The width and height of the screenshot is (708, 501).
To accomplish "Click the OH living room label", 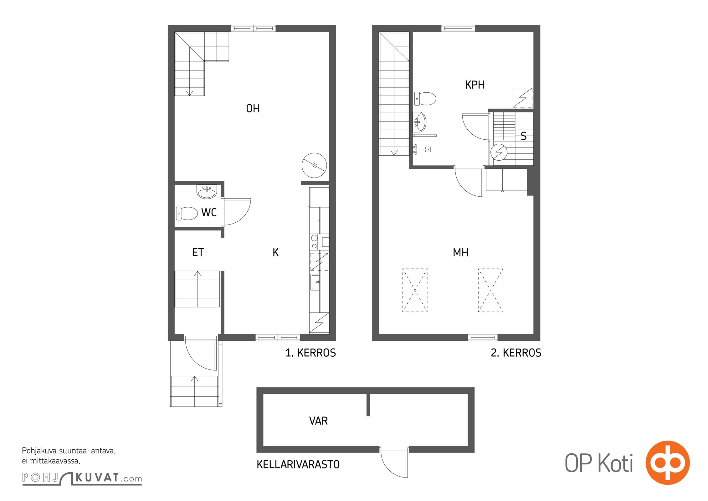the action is (253, 108).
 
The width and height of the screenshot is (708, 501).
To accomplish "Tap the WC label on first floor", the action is (209, 212).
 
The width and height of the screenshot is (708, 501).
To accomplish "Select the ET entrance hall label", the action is (198, 252).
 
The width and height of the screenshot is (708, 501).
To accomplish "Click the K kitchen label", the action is (275, 252).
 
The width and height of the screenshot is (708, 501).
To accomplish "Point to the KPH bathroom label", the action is (475, 85).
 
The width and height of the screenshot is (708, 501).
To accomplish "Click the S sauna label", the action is (524, 136).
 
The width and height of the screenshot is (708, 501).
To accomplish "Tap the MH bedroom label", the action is (460, 252).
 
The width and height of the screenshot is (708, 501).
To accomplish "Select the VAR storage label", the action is (318, 421).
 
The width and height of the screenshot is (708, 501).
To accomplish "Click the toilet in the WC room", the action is (187, 213).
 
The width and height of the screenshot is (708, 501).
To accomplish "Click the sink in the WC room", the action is (207, 192).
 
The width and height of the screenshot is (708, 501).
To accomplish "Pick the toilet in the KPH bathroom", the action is (425, 99).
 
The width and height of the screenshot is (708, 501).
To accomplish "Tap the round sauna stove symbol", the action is (499, 152).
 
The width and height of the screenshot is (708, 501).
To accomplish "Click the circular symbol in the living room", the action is (314, 165).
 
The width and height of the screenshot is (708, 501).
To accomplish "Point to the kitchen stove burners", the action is (314, 242).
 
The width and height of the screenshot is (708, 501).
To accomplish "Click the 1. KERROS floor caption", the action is (310, 353).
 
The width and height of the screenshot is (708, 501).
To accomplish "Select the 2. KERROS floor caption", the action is (516, 353).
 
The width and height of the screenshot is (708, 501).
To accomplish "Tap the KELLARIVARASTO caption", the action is (298, 464).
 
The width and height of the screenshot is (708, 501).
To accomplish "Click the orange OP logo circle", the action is (668, 463).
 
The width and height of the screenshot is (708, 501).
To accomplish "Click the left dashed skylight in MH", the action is (415, 290).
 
